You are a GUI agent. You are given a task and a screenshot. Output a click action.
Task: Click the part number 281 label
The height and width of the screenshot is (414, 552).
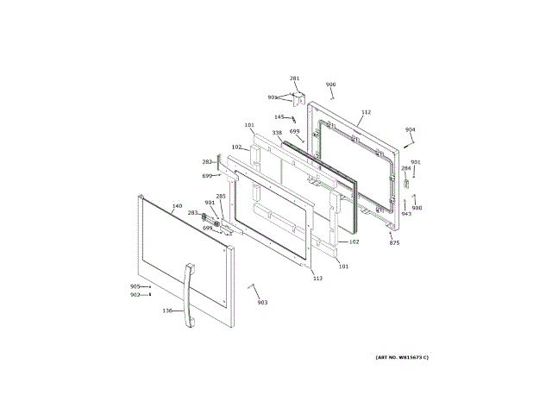294,78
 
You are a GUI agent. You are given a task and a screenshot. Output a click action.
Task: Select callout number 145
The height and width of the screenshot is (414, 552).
279,117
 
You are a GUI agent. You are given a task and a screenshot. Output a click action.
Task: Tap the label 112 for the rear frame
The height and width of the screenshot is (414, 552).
366,112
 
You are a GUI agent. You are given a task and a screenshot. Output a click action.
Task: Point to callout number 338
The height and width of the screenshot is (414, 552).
277,133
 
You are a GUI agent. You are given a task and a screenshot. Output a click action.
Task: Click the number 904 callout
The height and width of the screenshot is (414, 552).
410,130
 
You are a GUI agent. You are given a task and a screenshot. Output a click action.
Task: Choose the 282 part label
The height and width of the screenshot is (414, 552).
207,161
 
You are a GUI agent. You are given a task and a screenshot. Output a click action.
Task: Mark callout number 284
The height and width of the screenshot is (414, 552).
405,168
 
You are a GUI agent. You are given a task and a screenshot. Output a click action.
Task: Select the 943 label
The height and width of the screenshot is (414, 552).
406,213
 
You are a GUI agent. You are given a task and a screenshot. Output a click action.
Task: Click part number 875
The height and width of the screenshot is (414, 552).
394,243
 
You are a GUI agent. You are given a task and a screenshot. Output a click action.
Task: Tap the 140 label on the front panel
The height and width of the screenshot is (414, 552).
177,206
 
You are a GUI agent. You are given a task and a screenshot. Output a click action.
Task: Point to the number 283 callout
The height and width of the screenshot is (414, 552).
193,212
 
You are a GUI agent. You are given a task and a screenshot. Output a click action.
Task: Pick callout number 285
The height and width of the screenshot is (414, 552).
221,196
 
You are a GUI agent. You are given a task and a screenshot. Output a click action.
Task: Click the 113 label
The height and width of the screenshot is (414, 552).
317,278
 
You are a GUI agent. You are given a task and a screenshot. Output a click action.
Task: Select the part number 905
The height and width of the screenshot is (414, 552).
135,286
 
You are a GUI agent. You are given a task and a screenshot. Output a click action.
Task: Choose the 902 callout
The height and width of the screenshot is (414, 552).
135,295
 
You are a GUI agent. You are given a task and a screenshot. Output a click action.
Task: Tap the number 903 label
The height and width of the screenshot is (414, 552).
262,302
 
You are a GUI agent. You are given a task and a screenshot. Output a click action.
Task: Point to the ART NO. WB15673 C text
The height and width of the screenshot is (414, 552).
401,357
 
